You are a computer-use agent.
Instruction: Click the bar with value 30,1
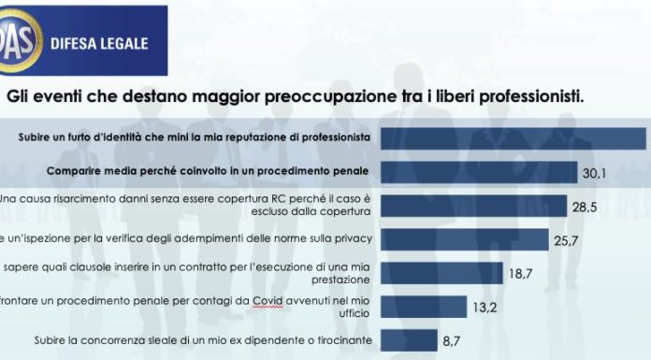click(476, 172)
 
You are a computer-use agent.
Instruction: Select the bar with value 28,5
click(472, 205)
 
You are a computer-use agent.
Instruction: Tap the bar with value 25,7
click(462, 238)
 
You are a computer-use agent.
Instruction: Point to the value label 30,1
click(594, 172)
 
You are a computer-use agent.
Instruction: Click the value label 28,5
click(587, 205)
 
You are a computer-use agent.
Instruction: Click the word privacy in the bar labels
click(352, 238)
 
